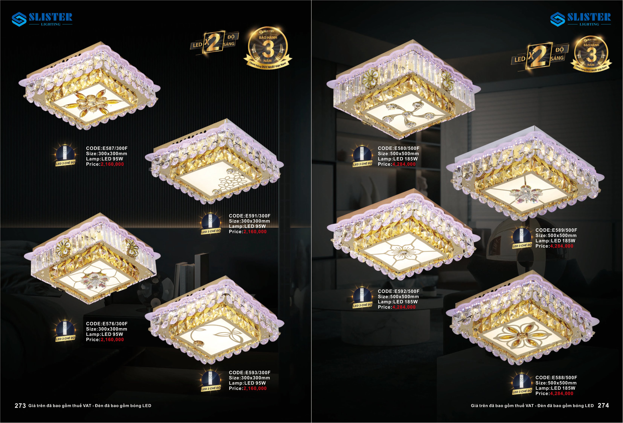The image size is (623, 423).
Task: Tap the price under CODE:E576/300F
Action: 112,340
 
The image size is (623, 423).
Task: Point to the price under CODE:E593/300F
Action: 255,388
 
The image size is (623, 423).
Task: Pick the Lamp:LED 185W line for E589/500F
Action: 555,241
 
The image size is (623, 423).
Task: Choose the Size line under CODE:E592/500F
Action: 398,297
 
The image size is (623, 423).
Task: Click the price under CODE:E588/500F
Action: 562,393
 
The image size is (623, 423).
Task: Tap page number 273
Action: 20,405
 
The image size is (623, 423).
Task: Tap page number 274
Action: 603,405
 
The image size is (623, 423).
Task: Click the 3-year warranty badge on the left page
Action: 268,47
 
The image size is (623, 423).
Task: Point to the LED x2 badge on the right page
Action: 540,57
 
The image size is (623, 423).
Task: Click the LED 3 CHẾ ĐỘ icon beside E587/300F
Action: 65,156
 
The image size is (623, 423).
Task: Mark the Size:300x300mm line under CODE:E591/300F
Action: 249,221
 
